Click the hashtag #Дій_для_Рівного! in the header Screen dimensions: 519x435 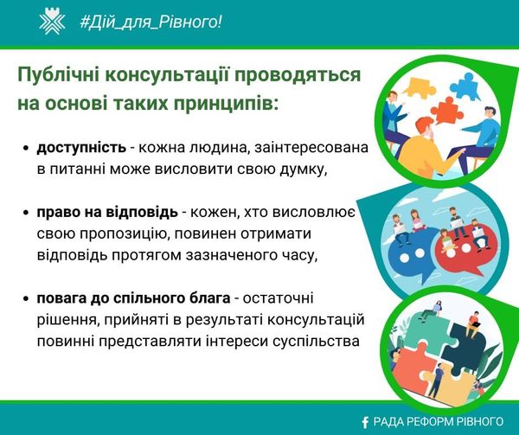[x=151, y=22]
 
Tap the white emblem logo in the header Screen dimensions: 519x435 [x=52, y=22]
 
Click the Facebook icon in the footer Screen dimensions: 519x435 [x=365, y=422]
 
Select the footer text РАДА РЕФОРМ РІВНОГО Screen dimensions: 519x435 [x=439, y=421]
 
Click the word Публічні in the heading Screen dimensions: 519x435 [x=59, y=75]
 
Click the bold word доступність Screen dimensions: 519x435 [x=81, y=148]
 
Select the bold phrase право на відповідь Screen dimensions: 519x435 [x=107, y=212]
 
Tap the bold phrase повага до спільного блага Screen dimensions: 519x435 [x=133, y=298]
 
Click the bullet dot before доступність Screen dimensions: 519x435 [x=27, y=149]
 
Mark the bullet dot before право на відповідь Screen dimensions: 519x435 [x=27, y=213]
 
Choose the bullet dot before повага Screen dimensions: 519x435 [x=27, y=299]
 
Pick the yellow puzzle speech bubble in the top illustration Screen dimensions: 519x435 [x=419, y=86]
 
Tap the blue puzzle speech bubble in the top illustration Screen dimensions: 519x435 [x=466, y=86]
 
